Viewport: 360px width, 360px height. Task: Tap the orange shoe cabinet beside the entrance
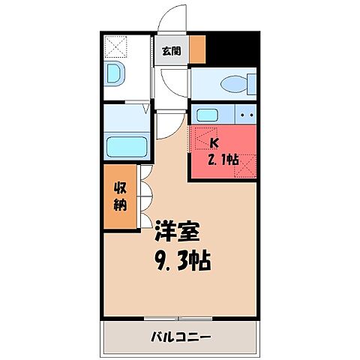[x=197, y=49]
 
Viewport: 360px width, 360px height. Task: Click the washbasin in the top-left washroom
[x=115, y=75]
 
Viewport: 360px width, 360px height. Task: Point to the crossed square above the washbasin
[x=116, y=46]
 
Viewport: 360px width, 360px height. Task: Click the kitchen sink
[x=207, y=115]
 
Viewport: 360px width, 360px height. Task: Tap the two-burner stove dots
[x=246, y=115]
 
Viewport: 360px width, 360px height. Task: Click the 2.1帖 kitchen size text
[x=222, y=158]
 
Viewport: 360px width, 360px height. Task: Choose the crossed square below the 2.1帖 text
[x=245, y=167]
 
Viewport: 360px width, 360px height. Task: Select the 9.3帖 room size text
[x=181, y=261]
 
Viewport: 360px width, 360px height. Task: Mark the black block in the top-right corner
[x=233, y=49]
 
